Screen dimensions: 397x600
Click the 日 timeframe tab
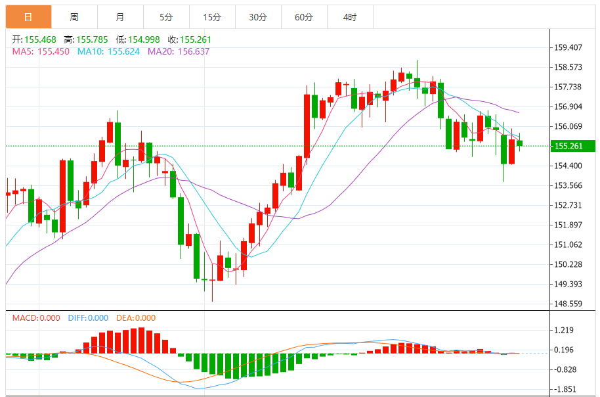(x=28, y=17)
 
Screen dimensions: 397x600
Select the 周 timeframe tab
(x=74, y=17)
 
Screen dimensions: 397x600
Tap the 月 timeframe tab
(x=119, y=17)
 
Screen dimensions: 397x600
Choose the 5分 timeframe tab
(x=166, y=17)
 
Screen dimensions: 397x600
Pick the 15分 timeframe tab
(x=212, y=17)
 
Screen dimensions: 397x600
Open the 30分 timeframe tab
(x=258, y=17)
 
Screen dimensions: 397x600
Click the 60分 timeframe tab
(x=304, y=17)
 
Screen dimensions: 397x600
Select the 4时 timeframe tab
(x=350, y=17)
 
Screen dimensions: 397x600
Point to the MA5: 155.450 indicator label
(x=41, y=51)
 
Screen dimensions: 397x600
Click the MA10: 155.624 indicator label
(x=108, y=51)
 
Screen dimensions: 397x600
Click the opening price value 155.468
(x=40, y=39)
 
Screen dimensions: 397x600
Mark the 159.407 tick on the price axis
(x=568, y=47)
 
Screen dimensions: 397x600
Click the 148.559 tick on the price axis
(x=568, y=304)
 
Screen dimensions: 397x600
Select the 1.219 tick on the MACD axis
(x=565, y=331)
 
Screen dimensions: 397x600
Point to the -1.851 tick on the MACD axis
(x=565, y=389)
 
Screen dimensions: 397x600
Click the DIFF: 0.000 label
(x=88, y=318)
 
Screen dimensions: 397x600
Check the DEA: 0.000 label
(x=136, y=318)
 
